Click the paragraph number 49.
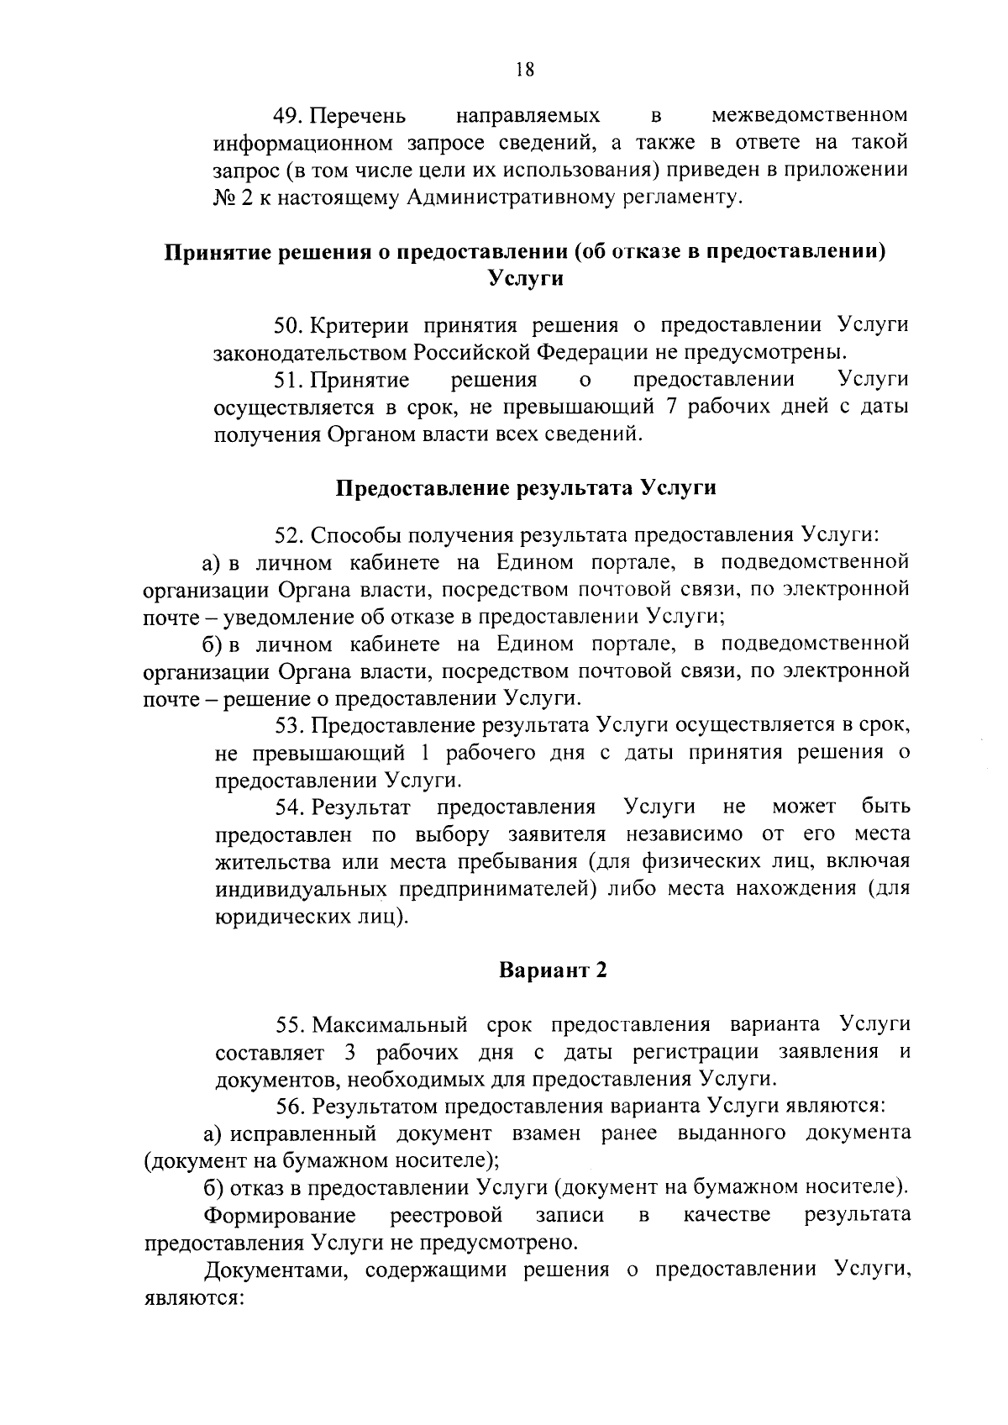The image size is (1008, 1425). point(286,114)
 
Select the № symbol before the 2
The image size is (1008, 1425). point(225,197)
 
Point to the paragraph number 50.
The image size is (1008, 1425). point(287,325)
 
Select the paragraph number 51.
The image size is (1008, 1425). point(286,380)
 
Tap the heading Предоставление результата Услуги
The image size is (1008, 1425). point(526,488)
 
